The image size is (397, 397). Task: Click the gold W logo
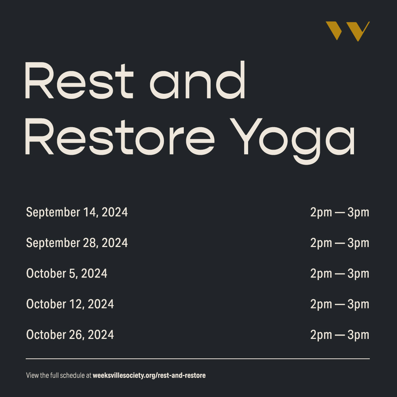point(347,31)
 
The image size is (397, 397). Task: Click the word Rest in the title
point(79,80)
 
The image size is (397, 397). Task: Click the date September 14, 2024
point(77,212)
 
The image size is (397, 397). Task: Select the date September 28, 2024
point(77,243)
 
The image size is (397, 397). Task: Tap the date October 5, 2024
point(67,273)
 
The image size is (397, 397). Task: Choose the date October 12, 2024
point(70,304)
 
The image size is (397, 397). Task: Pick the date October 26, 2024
point(70,335)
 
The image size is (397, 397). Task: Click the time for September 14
point(339,212)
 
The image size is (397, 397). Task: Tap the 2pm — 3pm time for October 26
point(339,335)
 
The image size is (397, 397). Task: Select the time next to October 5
point(339,273)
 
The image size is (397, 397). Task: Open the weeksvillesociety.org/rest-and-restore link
point(149,376)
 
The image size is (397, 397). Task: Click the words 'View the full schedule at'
point(58,376)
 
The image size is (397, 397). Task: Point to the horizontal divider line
point(198,358)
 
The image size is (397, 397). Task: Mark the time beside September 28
point(339,243)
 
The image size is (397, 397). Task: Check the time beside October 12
point(339,304)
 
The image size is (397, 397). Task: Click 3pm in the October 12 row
point(358,304)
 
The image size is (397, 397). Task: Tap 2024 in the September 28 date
point(115,243)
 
